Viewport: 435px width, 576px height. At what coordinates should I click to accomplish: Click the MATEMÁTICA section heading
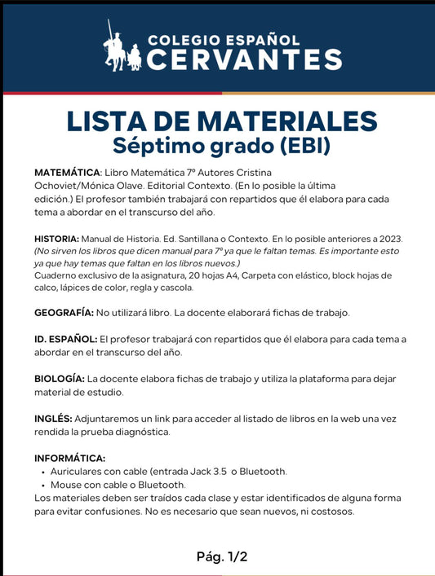(67, 174)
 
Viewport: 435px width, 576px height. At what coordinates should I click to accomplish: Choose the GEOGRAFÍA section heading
(64, 313)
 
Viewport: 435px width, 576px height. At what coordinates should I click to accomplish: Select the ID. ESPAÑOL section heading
(64, 338)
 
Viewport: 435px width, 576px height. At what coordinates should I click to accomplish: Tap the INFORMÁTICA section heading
(69, 459)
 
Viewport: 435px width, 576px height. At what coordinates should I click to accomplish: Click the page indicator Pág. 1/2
(221, 556)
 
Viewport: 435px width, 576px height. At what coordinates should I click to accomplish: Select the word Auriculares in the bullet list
(79, 472)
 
